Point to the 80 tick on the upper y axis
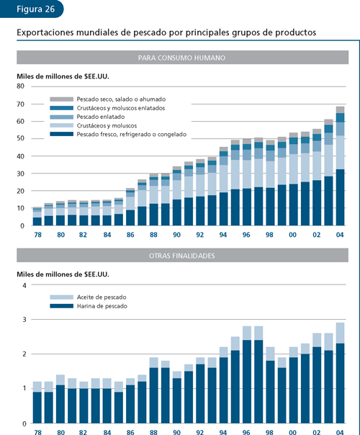(x=21, y=86)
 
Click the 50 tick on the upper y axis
(x=21, y=138)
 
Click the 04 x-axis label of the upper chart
(x=340, y=233)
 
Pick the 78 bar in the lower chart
(x=37, y=403)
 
